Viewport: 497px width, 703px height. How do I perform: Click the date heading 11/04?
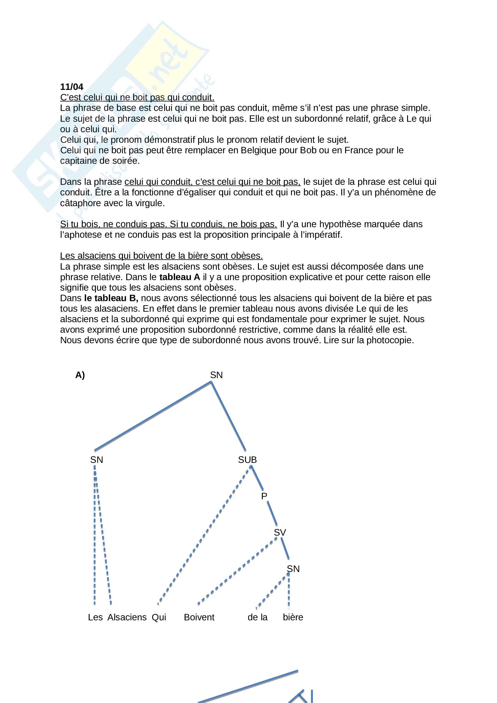click(71, 87)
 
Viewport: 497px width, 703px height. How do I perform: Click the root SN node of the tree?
click(216, 375)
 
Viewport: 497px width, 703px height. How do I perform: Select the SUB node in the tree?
click(247, 460)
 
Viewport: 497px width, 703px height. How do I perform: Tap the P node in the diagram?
click(264, 496)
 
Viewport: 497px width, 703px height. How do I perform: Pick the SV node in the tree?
click(280, 533)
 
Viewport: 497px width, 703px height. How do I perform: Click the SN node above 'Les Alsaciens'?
click(97, 460)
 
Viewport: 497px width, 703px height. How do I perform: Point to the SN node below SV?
click(293, 569)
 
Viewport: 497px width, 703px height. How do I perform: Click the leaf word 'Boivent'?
click(199, 617)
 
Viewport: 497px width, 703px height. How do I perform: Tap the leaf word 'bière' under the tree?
click(293, 617)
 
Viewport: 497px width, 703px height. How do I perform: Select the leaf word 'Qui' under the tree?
click(159, 617)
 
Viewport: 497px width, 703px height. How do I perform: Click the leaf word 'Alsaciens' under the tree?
click(127, 617)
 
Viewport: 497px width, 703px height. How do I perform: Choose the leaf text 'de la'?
click(257, 617)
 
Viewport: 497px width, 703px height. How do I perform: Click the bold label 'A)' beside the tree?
click(80, 375)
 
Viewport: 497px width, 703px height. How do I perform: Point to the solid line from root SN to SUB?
click(229, 416)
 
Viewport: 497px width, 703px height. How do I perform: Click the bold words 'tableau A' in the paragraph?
click(179, 277)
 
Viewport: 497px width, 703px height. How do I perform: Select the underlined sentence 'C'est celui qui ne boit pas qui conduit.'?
click(137, 97)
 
